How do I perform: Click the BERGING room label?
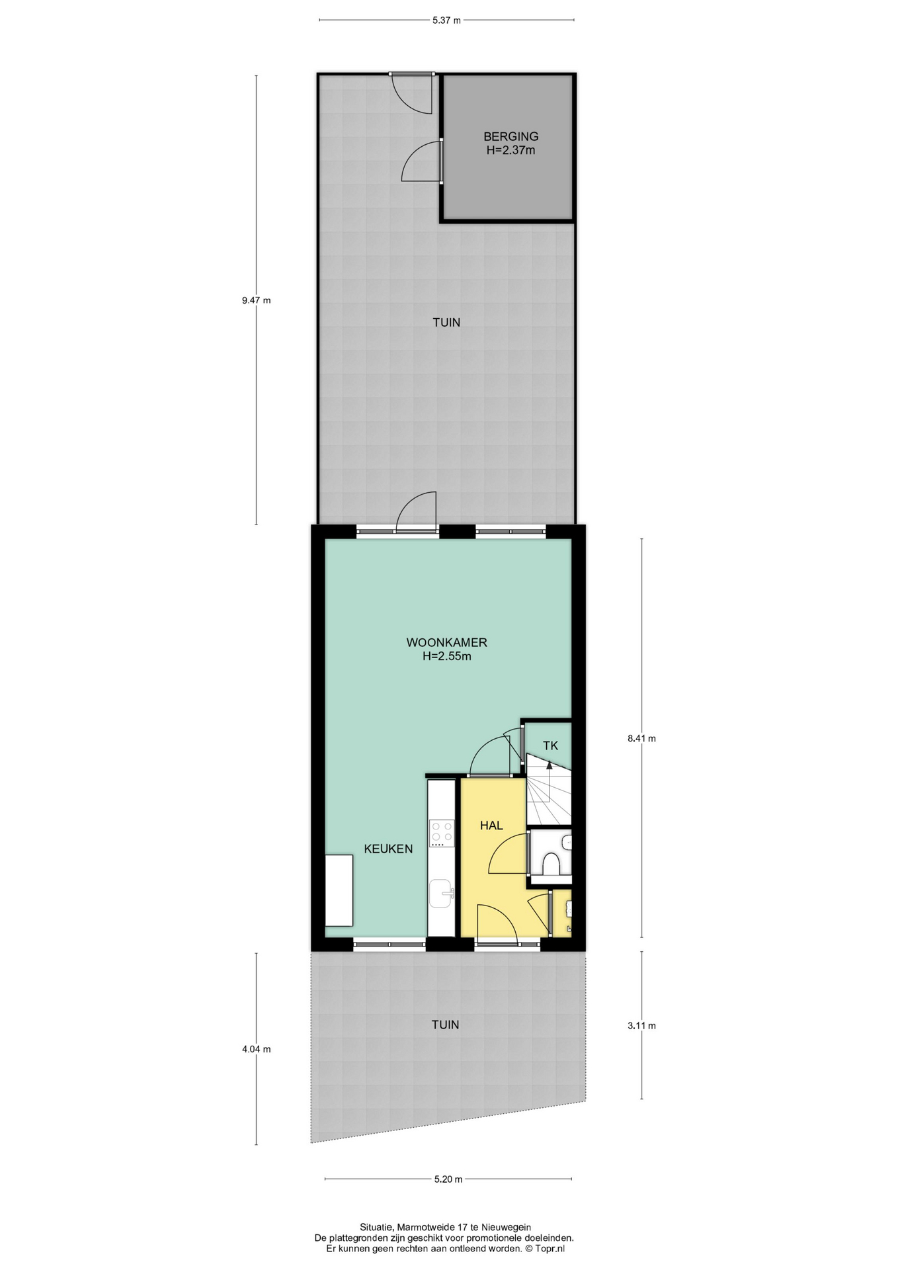pos(510,136)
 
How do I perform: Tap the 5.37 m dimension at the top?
pos(446,20)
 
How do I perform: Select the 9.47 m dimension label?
pos(256,300)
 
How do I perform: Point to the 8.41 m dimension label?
pos(641,738)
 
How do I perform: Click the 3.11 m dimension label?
pos(641,1025)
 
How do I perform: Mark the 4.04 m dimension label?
pos(256,1048)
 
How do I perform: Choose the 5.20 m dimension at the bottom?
pos(448,1179)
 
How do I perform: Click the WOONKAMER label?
pos(446,642)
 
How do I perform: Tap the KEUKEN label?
pos(388,849)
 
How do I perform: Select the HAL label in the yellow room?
pos(491,825)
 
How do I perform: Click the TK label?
pos(550,745)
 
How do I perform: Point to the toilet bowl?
pos(551,864)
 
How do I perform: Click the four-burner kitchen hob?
pos(442,833)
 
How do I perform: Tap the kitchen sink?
pos(442,894)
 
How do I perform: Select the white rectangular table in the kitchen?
pos(339,890)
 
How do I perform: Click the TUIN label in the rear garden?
pos(446,323)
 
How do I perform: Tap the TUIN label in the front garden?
pos(445,1025)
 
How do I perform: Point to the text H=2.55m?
pos(446,657)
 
